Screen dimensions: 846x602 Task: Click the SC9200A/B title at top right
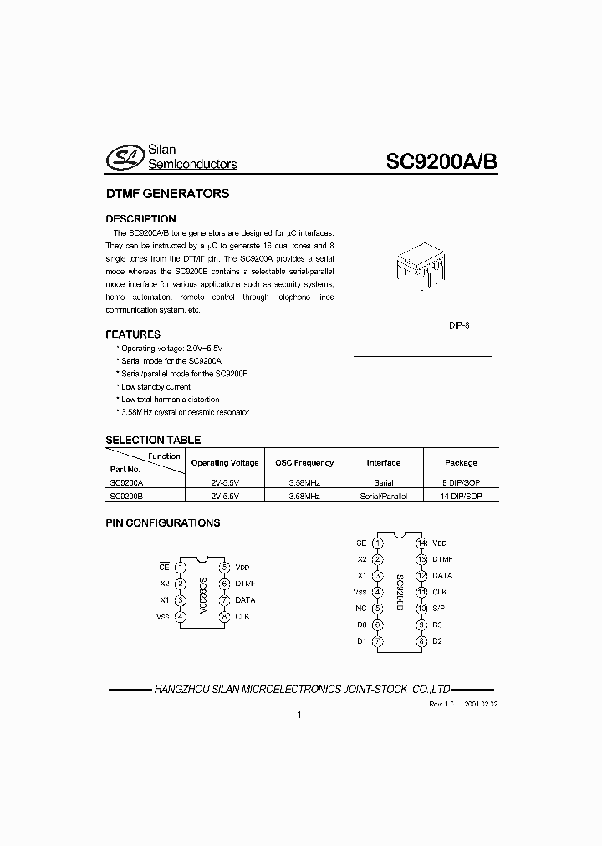click(x=441, y=162)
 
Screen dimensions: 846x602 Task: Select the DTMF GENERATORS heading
click(x=167, y=194)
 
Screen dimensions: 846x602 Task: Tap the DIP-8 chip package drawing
click(x=421, y=265)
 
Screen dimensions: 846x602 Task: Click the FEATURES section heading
click(x=133, y=334)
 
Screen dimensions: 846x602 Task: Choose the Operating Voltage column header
click(x=225, y=462)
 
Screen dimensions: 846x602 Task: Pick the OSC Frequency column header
click(x=304, y=462)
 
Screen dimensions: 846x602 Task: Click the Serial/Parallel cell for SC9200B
click(x=383, y=496)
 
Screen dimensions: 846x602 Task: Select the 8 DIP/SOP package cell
click(x=461, y=483)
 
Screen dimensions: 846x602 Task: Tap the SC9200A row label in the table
click(x=127, y=483)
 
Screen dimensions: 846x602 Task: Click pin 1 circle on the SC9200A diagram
click(x=181, y=567)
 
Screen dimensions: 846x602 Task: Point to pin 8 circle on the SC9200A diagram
click(x=224, y=617)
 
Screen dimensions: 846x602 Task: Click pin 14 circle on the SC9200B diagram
click(x=422, y=543)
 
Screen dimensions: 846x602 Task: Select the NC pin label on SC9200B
click(x=360, y=608)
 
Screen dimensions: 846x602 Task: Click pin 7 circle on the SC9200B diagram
click(x=379, y=641)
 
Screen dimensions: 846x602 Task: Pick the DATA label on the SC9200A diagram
click(x=245, y=600)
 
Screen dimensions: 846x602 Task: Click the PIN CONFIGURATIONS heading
click(x=162, y=523)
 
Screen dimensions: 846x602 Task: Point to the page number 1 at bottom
click(x=298, y=716)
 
